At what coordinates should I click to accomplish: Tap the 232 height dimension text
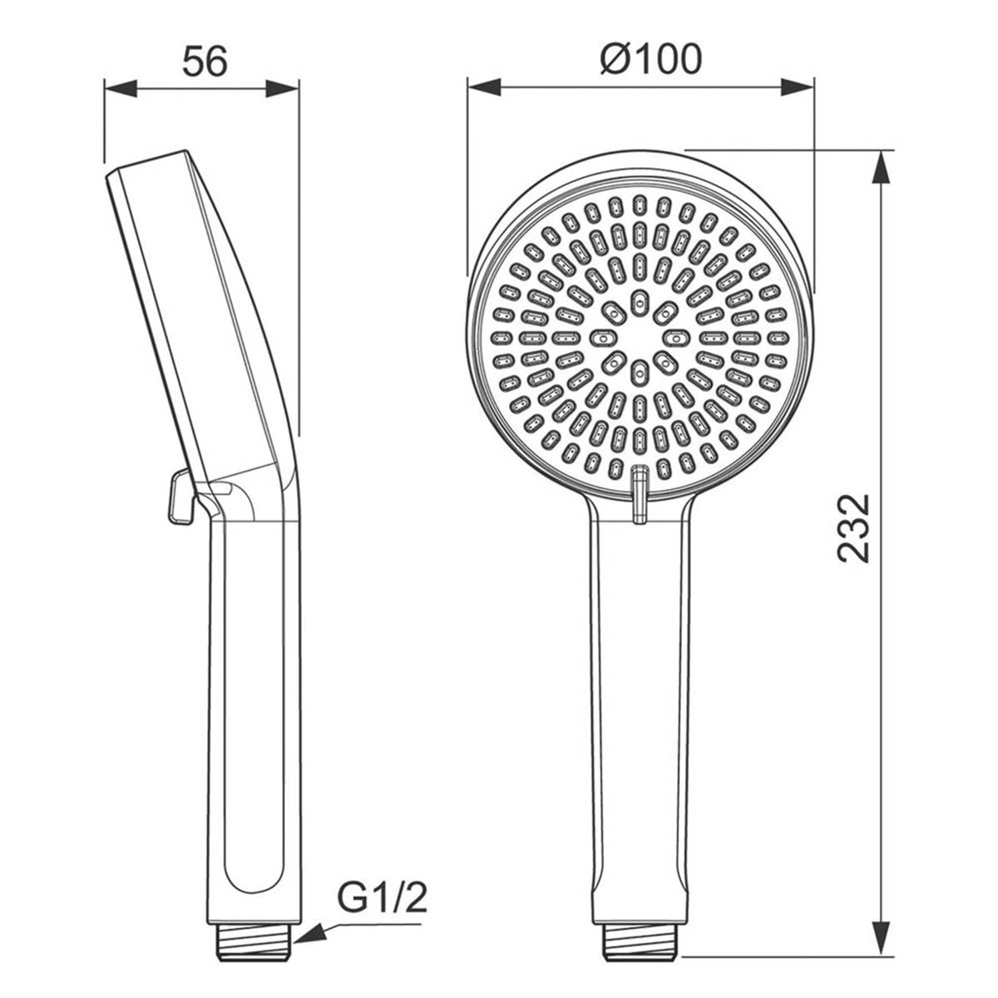853,529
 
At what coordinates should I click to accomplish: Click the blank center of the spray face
639,338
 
